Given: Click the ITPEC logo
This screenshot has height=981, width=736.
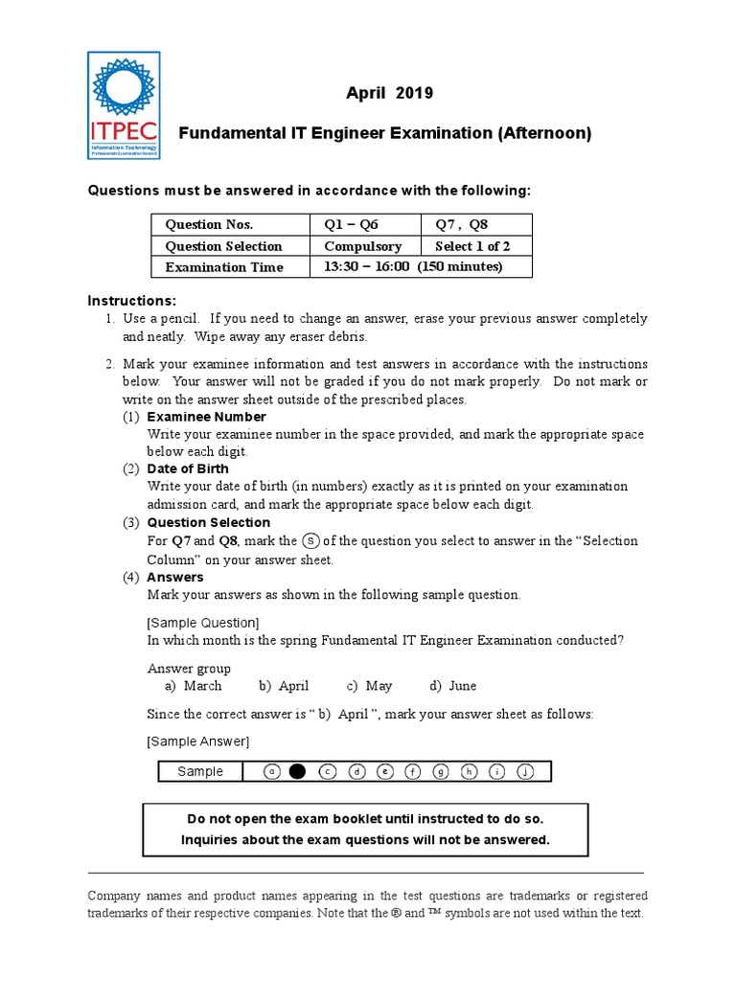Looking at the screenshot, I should [x=123, y=105].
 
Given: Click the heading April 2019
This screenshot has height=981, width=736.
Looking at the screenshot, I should [x=389, y=93].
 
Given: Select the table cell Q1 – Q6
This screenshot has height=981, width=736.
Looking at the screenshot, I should [x=352, y=224].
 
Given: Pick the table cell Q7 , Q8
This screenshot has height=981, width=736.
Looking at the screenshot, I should [x=462, y=224].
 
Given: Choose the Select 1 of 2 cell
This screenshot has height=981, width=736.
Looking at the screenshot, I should [x=472, y=246].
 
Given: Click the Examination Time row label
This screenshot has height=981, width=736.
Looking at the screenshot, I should [x=224, y=267].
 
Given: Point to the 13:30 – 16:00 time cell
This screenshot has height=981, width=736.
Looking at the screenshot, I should [x=413, y=266].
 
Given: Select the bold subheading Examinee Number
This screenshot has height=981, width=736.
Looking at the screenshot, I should [x=206, y=417].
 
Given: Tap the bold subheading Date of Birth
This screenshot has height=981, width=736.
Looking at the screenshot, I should [x=188, y=468].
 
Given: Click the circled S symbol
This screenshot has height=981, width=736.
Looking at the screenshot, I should [x=310, y=540].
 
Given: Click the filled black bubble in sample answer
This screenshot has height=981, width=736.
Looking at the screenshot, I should [x=297, y=771].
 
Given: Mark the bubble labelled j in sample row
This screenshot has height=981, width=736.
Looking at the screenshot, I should [x=526, y=771].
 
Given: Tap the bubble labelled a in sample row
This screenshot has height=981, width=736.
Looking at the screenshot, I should [x=272, y=771].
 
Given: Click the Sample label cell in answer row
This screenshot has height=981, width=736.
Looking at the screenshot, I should [x=200, y=771].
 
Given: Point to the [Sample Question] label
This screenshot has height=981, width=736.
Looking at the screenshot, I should [x=202, y=623].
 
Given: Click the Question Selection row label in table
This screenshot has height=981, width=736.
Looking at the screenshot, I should [x=224, y=246].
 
